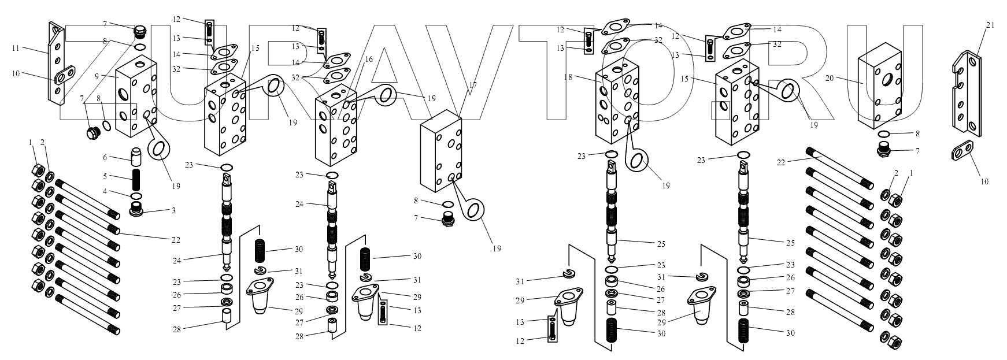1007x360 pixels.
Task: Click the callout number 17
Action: [x=472, y=86]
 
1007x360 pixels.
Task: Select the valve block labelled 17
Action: [x=442, y=153]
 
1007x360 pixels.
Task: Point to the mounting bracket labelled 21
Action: [x=966, y=95]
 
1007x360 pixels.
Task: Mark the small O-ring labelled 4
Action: [x=137, y=196]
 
